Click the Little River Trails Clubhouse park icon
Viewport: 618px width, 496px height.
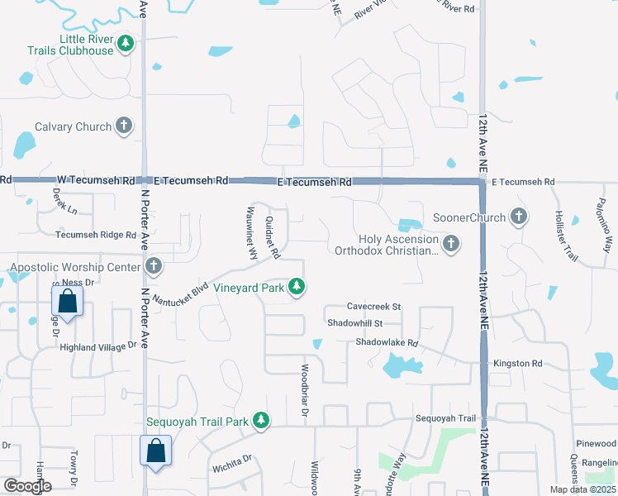[x=126, y=43]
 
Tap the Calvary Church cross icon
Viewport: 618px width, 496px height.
[x=124, y=126]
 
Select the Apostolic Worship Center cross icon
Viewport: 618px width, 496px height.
[x=153, y=266]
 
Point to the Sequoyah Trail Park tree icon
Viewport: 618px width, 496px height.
[x=261, y=421]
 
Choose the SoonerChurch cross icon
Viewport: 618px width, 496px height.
[x=518, y=217]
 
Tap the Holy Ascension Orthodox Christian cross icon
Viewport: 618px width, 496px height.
[x=450, y=243]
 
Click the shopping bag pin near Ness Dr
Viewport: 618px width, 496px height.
[x=68, y=302]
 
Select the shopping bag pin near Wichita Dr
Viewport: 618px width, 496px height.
[x=154, y=452]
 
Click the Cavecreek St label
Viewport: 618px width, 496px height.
[x=373, y=307]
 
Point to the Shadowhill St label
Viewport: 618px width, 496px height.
[x=355, y=323]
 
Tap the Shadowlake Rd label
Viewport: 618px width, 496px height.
[x=387, y=342]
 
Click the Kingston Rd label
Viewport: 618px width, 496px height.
[x=517, y=364]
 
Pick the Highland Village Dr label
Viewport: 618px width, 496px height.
[x=97, y=348]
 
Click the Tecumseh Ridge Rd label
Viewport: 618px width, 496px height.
[x=96, y=235]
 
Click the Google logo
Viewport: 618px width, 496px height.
[x=27, y=486]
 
